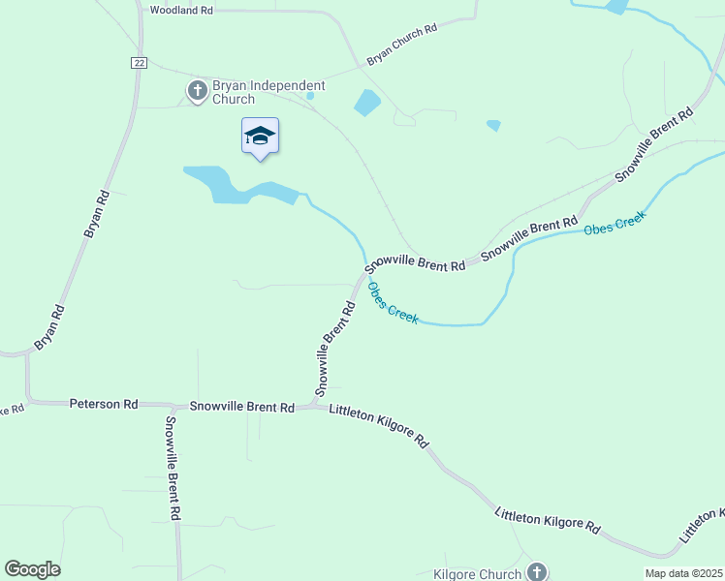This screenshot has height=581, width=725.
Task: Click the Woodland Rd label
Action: (181, 10)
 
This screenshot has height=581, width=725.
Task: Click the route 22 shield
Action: (139, 62)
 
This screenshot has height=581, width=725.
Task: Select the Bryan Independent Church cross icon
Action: (197, 91)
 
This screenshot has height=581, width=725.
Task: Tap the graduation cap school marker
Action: (260, 136)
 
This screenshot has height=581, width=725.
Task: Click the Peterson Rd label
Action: (104, 403)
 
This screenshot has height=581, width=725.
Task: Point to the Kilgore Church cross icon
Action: (537, 572)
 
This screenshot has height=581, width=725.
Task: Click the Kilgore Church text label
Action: (478, 574)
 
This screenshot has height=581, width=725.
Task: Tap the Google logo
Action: (33, 569)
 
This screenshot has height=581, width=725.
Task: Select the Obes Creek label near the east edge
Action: (614, 226)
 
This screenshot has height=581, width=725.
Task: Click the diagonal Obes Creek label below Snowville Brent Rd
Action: (393, 303)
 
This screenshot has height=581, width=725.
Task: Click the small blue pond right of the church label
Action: (310, 96)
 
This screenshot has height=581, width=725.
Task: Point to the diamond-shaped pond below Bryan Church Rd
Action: (367, 102)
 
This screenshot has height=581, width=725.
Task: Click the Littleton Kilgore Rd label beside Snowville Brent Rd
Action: (379, 424)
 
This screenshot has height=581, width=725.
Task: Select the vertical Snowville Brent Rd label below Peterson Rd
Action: (173, 469)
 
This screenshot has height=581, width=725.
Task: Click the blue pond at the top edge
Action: (615, 6)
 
